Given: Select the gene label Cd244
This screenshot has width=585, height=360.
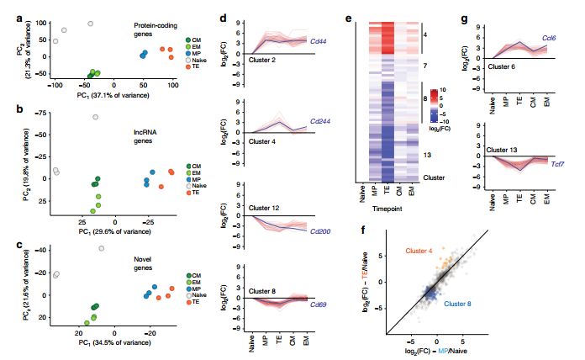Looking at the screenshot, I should coord(320,121).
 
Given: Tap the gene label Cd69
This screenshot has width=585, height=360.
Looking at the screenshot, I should coord(319,305).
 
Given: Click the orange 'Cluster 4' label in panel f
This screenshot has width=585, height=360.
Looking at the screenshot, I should coord(420,251).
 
